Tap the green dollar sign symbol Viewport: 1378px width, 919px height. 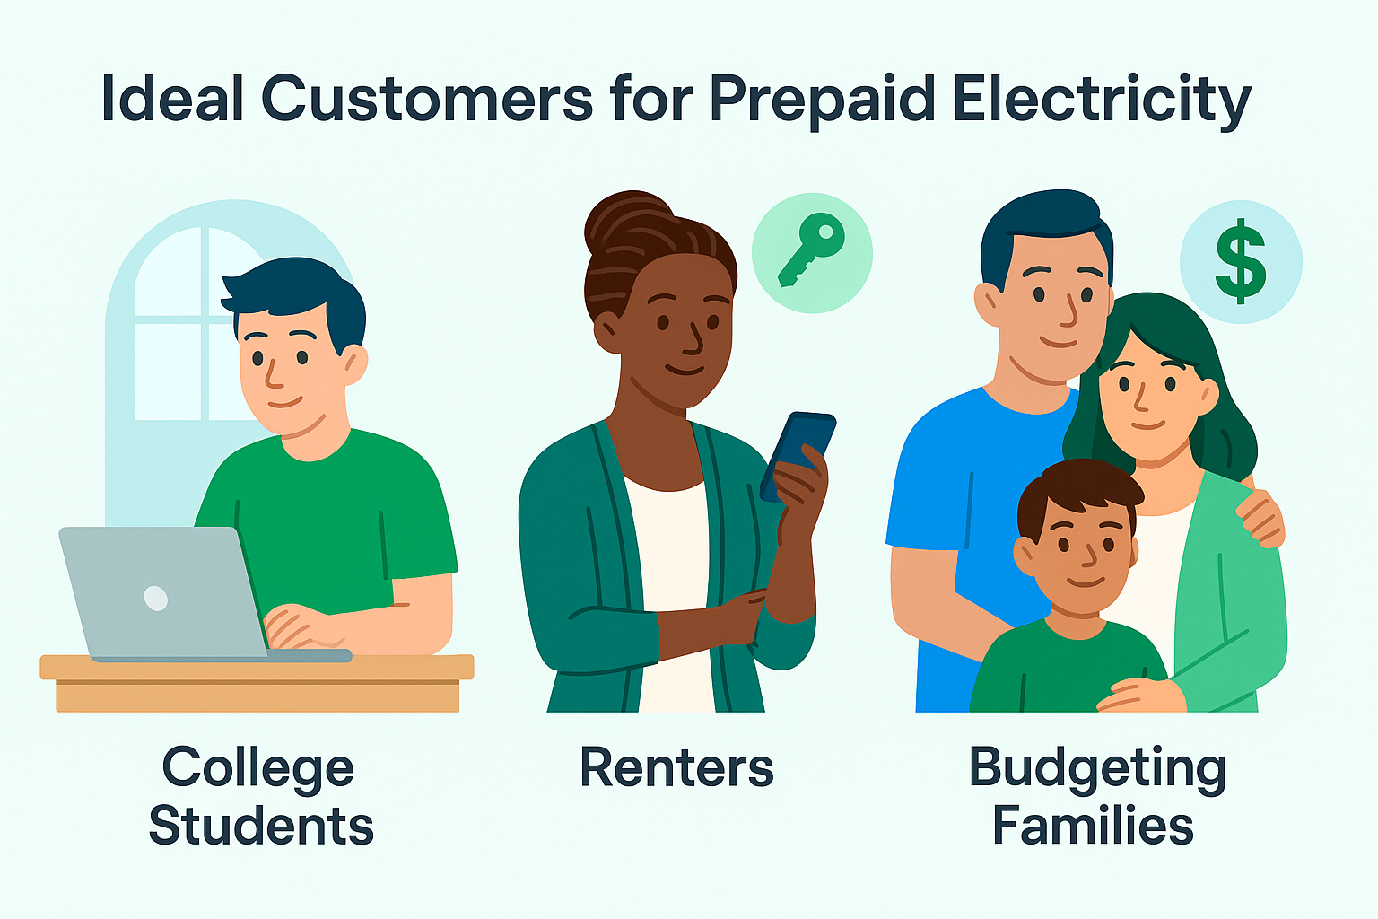tap(1241, 261)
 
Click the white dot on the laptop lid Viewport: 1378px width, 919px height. tap(156, 598)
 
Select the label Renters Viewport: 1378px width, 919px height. tap(676, 768)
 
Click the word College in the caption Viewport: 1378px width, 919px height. tap(258, 768)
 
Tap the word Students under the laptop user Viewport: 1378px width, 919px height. tap(261, 826)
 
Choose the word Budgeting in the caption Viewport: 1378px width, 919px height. tap(1096, 768)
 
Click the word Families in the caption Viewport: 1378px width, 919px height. tap(1093, 826)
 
